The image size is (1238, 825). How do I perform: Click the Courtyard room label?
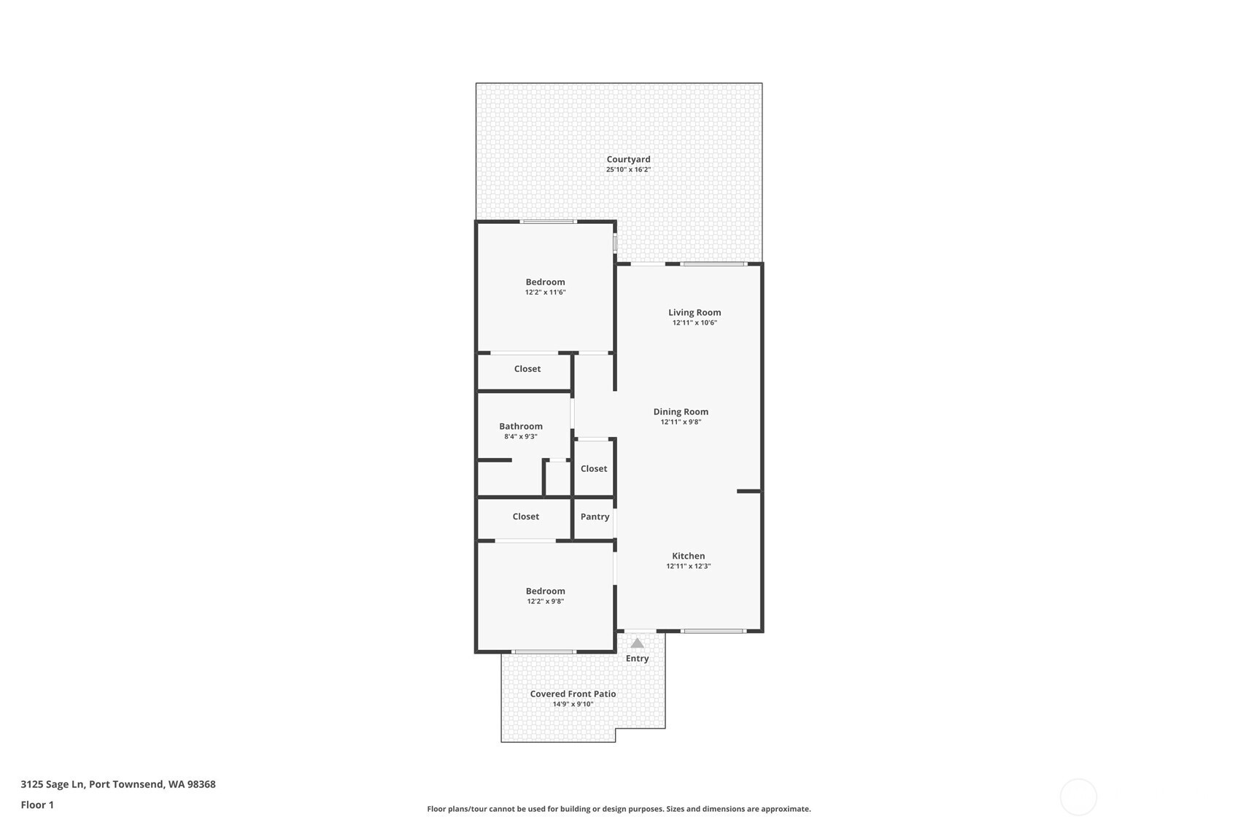click(628, 159)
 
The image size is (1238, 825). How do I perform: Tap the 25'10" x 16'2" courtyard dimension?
click(628, 170)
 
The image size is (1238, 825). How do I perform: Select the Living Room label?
click(695, 312)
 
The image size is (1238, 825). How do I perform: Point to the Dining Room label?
click(681, 411)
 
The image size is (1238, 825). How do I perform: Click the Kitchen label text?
click(689, 556)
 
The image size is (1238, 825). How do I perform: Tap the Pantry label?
click(595, 516)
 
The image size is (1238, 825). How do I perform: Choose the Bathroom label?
click(521, 426)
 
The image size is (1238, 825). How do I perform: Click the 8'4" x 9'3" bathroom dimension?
click(521, 436)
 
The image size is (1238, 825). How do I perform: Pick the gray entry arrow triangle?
click(638, 643)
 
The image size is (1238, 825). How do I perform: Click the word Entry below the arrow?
click(638, 659)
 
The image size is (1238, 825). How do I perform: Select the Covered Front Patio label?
click(573, 694)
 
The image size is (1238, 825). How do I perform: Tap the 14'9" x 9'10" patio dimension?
click(573, 705)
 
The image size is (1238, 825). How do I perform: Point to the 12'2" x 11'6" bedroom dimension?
click(546, 293)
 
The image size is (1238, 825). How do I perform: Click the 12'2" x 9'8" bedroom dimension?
click(546, 601)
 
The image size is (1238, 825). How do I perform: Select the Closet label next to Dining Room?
click(594, 468)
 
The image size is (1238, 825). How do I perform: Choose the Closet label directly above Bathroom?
click(527, 368)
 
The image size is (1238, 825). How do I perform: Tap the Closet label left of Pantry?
click(525, 516)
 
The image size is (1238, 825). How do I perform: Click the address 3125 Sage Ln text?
click(53, 784)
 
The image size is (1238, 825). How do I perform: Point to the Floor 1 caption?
click(38, 805)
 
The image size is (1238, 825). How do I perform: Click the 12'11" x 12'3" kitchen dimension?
click(689, 566)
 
